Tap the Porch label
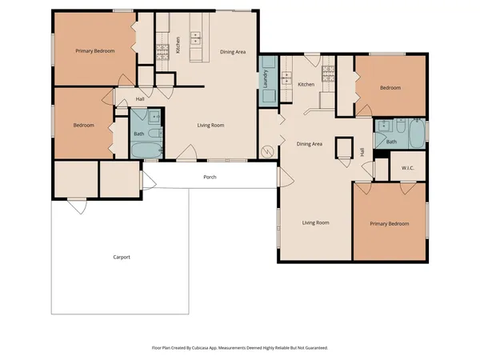point(210,177)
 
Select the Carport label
point(122,257)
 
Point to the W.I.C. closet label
point(406,167)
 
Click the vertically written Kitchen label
point(178,45)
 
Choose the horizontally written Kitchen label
point(306,84)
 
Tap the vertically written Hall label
point(362,151)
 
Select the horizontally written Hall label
point(140,99)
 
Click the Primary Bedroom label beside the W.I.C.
point(390,224)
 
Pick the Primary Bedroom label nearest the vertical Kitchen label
point(95,51)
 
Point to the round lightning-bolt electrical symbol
point(269,150)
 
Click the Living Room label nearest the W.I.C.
point(316,222)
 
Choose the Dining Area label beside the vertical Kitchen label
point(233,52)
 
